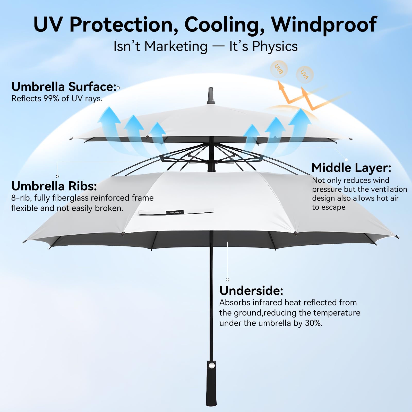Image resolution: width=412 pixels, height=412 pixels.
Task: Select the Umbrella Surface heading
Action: (x=64, y=87)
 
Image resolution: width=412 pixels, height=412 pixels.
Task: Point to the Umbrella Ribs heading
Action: (x=54, y=186)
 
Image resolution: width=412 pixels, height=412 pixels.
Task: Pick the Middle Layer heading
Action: (x=351, y=168)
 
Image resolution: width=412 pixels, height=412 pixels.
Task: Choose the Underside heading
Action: (x=251, y=291)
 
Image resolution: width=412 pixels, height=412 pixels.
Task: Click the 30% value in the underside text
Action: (x=313, y=323)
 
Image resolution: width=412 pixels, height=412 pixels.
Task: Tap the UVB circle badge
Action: (x=279, y=69)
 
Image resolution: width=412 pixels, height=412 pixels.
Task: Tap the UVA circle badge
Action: (x=305, y=75)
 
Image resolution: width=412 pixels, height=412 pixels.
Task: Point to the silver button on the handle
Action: (x=211, y=366)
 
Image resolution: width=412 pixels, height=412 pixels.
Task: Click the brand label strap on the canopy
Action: (x=176, y=212)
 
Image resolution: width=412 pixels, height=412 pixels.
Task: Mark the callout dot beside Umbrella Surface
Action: (x=118, y=88)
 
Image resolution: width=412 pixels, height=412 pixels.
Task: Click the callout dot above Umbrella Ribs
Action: (x=57, y=176)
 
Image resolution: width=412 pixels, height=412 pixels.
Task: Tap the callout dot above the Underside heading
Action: (x=227, y=279)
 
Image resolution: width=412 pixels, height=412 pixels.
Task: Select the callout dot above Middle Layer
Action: (x=346, y=160)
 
